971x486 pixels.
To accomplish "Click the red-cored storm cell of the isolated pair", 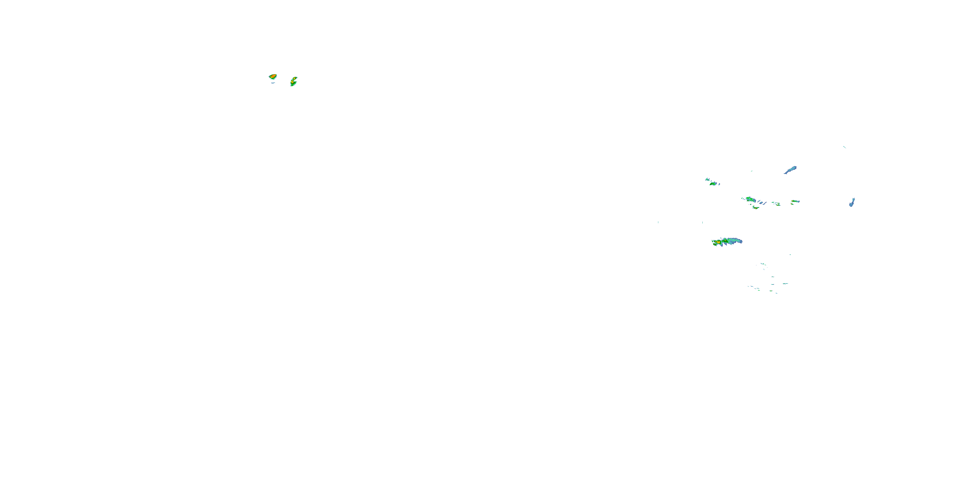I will click(273, 76).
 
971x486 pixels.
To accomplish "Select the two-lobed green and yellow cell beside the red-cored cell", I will click(293, 81).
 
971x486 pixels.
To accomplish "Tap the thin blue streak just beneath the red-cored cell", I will click(273, 83).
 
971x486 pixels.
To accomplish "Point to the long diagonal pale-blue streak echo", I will click(790, 170).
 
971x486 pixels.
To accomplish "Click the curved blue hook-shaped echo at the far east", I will click(852, 202).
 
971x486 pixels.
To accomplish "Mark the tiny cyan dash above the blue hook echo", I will click(844, 147).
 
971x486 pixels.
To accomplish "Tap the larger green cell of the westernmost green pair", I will click(713, 184).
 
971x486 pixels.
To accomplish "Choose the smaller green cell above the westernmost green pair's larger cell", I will click(708, 179).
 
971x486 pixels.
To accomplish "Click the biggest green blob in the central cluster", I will click(750, 199).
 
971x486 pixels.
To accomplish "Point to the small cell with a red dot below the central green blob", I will click(755, 207).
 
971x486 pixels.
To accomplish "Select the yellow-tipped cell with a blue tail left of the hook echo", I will click(795, 201).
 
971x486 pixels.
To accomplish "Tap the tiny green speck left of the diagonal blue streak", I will click(752, 171).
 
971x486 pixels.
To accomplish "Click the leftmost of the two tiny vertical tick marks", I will click(658, 222).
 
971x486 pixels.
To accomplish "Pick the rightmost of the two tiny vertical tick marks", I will click(702, 222).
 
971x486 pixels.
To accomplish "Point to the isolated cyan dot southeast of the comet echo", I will click(790, 255).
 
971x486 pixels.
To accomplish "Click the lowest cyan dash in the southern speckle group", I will click(776, 293).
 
